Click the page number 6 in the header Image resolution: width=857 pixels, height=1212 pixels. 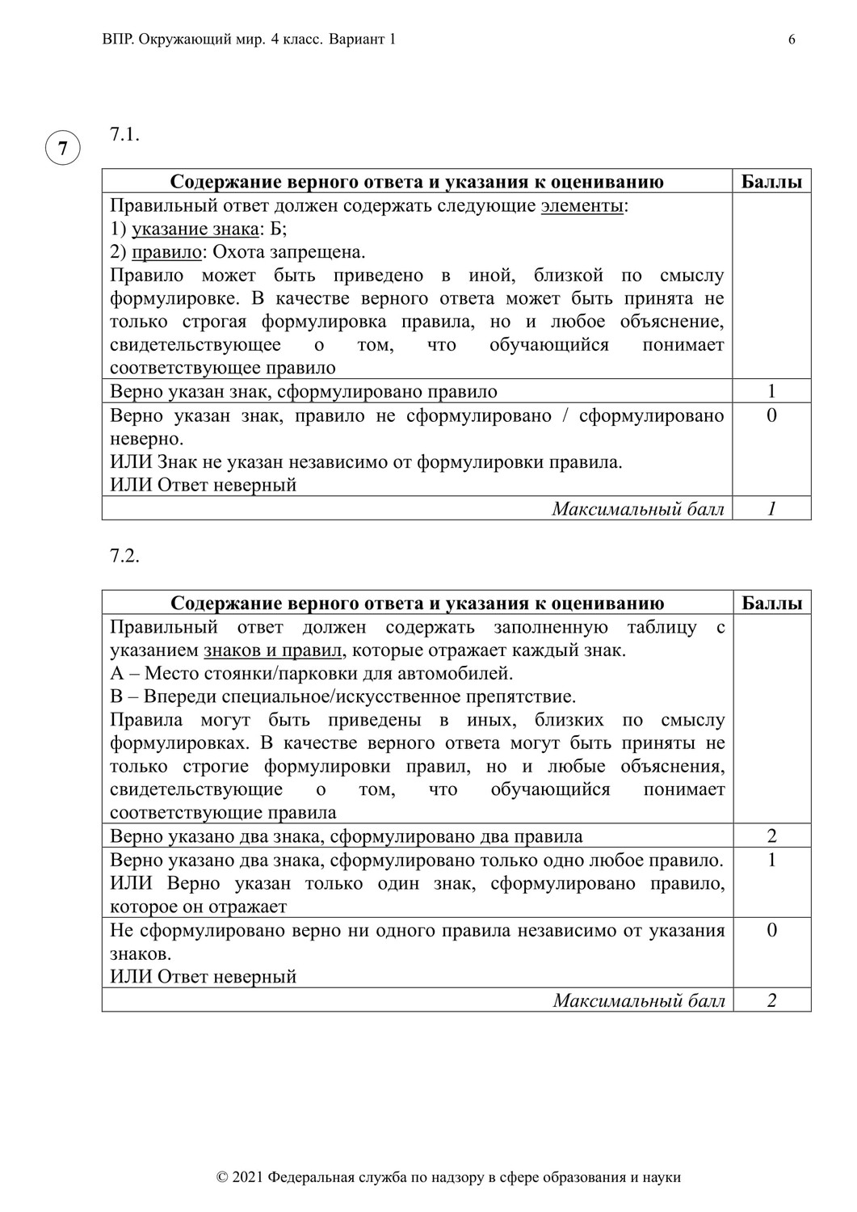[x=792, y=40]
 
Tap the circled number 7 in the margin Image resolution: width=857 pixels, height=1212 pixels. [x=62, y=149]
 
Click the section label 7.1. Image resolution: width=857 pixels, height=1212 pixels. [x=124, y=135]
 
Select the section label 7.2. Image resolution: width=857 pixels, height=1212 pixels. [x=124, y=557]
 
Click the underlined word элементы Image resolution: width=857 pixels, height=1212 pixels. [x=582, y=205]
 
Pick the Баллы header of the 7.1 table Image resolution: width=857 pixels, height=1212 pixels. [x=771, y=182]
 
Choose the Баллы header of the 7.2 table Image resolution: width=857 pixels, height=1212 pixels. [x=771, y=604]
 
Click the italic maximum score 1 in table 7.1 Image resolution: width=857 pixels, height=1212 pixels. [x=771, y=508]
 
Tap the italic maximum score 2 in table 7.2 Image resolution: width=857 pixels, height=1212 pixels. [x=771, y=1000]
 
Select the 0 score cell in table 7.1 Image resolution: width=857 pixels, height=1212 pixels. [x=771, y=416]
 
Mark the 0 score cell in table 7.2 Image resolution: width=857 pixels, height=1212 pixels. [x=771, y=931]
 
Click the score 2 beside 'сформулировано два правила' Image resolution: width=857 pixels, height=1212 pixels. [x=771, y=836]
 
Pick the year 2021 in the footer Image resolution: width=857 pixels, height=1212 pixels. [x=247, y=1177]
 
